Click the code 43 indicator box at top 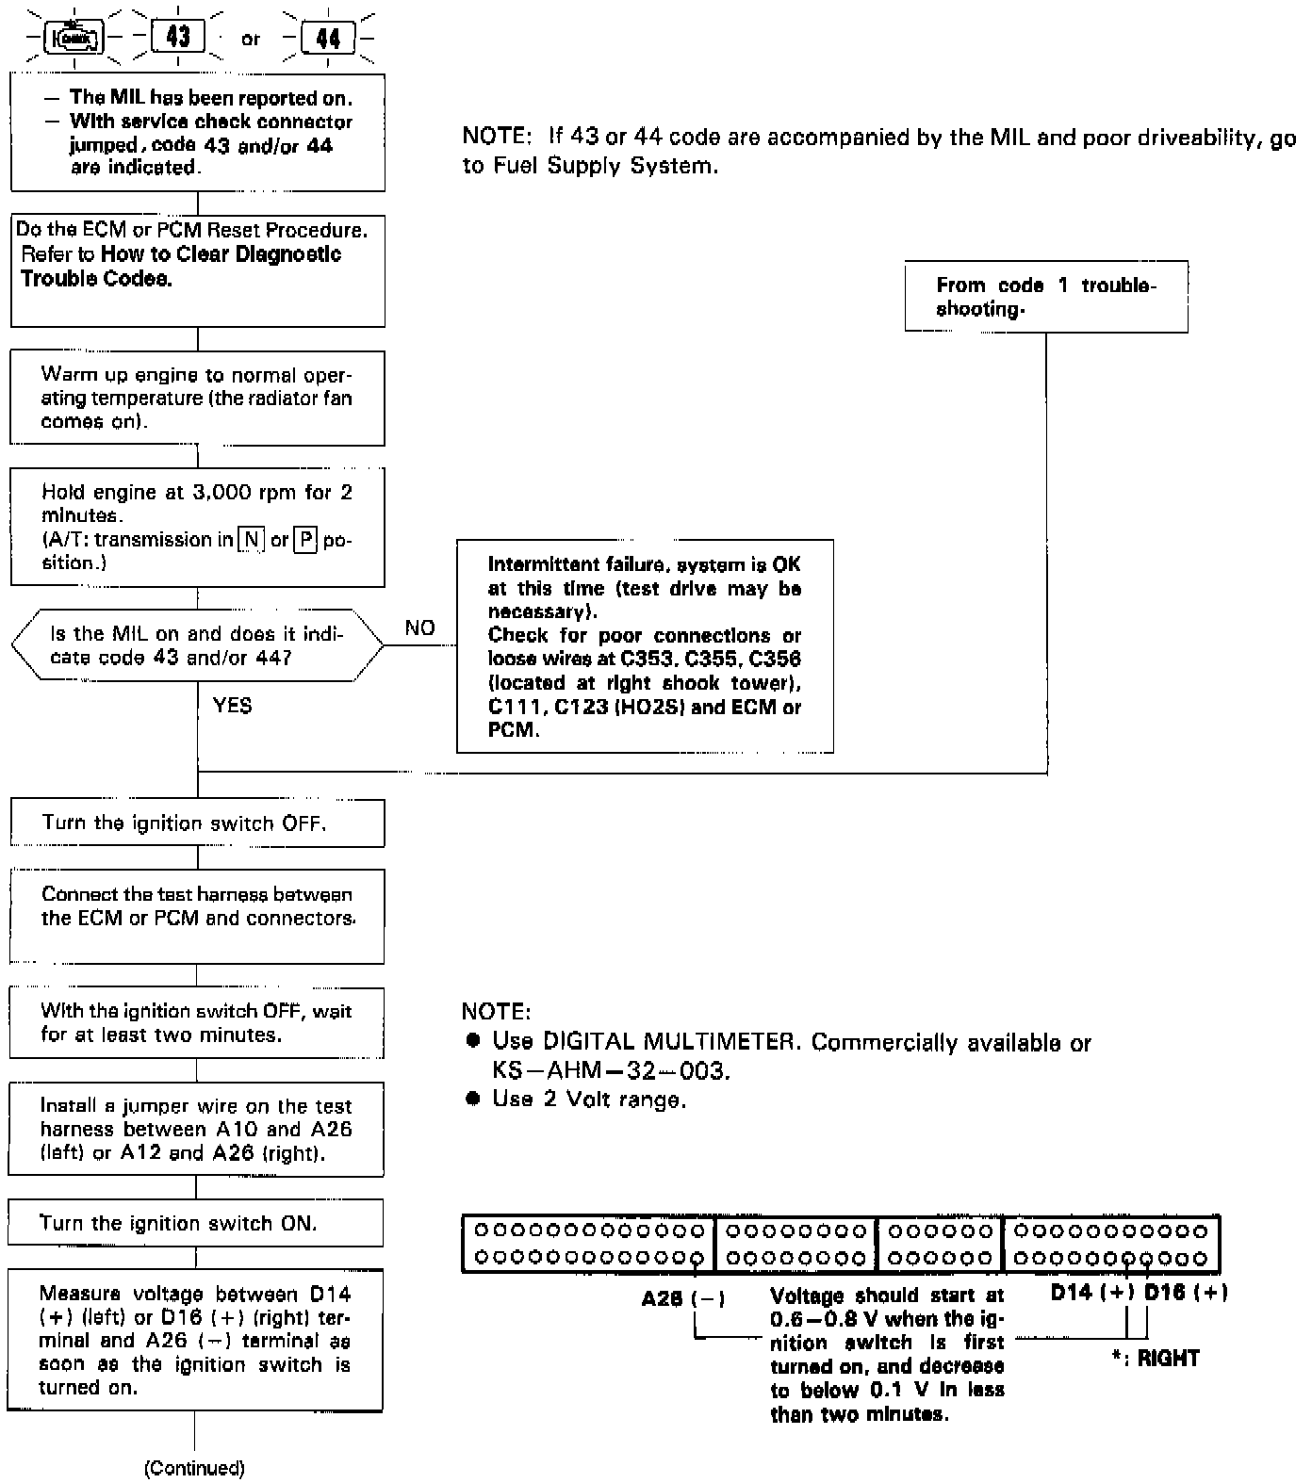[x=178, y=38]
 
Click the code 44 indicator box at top [x=328, y=39]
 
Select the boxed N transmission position [x=251, y=540]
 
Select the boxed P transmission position [x=305, y=540]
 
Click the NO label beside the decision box [x=419, y=627]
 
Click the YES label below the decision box [x=233, y=706]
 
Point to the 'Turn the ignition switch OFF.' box [x=197, y=823]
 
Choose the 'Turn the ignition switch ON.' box [x=196, y=1223]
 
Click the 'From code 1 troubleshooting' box [x=1045, y=297]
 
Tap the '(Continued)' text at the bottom [x=194, y=1468]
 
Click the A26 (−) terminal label [x=683, y=1299]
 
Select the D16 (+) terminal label [x=1186, y=1293]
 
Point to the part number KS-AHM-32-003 [x=611, y=1071]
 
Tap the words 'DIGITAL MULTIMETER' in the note [x=669, y=1042]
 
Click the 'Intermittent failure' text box [x=645, y=646]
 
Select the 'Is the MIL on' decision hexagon [x=197, y=645]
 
